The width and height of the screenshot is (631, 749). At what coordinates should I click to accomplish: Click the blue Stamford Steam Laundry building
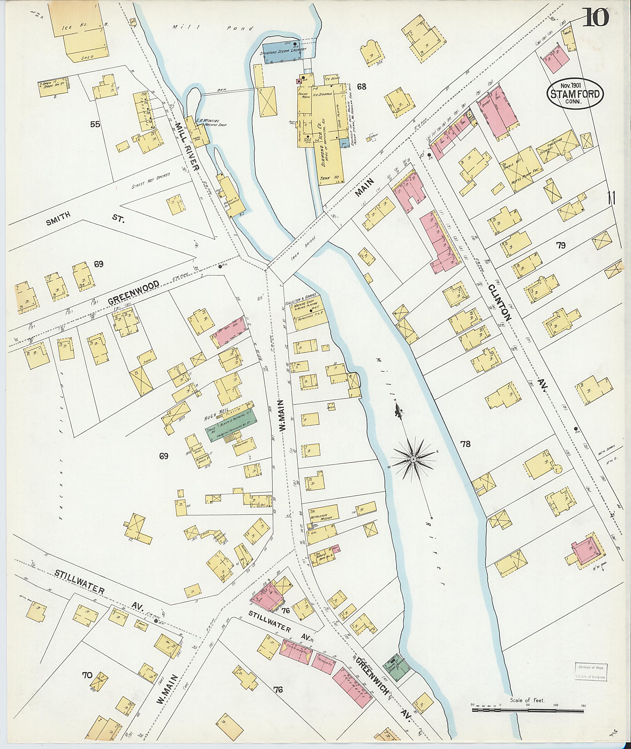(x=282, y=52)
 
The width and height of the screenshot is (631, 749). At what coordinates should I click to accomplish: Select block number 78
(x=465, y=444)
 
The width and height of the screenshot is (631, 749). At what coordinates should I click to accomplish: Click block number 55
(x=95, y=124)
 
